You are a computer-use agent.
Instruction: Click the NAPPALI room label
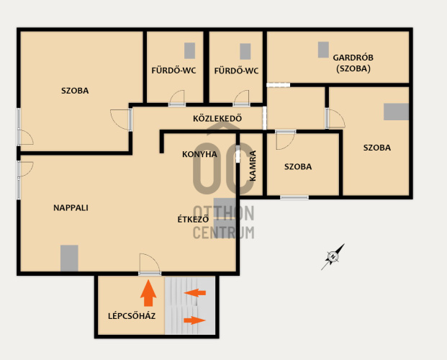pos(71,207)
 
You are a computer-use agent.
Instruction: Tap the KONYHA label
pos(199,154)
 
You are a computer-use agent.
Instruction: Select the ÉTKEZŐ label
pos(193,219)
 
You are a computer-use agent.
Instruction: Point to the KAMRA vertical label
pos(253,166)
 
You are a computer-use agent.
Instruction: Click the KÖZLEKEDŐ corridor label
pos(217,118)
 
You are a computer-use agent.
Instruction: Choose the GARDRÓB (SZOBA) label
pos(353,63)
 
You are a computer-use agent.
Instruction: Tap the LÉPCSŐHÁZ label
pos(132,316)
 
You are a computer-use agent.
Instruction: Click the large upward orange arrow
pos(148,293)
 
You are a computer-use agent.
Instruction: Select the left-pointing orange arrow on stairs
pos(194,292)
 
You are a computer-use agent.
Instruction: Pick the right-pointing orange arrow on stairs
pos(194,320)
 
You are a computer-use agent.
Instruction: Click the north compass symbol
pos(333,257)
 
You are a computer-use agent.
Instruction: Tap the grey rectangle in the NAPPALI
pos(69,258)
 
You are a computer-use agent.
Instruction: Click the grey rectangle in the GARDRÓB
pos(323,50)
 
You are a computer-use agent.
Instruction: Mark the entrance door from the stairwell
pos(150,265)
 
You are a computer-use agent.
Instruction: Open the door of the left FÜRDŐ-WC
pos(177,99)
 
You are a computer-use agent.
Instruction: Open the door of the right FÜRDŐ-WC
pos(241,99)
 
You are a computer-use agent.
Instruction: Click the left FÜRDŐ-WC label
pos(173,70)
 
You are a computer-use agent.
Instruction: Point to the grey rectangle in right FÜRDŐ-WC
pos(245,51)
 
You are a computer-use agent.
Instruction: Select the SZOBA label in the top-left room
pos(75,91)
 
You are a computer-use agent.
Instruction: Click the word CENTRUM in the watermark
pos(223,233)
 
